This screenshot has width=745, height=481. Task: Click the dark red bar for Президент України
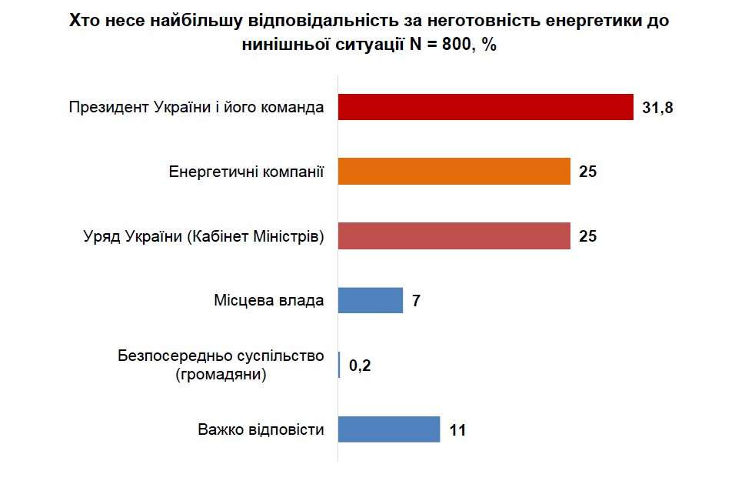point(485,108)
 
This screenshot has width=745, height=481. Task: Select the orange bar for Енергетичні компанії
point(454,172)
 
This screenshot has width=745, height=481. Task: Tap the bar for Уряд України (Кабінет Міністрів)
point(454,235)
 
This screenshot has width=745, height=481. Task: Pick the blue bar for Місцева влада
point(371,300)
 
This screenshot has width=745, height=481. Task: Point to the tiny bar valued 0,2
point(339,365)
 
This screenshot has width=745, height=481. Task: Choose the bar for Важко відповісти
point(389,429)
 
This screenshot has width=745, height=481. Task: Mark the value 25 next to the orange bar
point(588,172)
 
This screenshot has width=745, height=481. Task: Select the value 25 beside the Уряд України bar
point(588,236)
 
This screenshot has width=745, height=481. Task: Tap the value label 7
point(416,301)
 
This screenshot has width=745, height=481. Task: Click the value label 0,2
point(360,366)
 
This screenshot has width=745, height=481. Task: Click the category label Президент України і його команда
point(196,108)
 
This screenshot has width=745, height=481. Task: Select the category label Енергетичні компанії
point(246,172)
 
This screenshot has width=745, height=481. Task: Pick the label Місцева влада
point(268,300)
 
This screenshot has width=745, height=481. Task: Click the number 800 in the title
point(453,45)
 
